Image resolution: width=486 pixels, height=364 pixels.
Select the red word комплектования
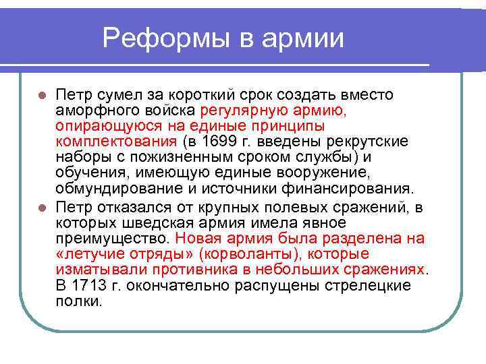[116, 142]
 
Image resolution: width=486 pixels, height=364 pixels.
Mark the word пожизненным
[176, 157]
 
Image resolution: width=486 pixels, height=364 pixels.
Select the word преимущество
[113, 238]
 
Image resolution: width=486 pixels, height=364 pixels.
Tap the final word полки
[80, 301]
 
